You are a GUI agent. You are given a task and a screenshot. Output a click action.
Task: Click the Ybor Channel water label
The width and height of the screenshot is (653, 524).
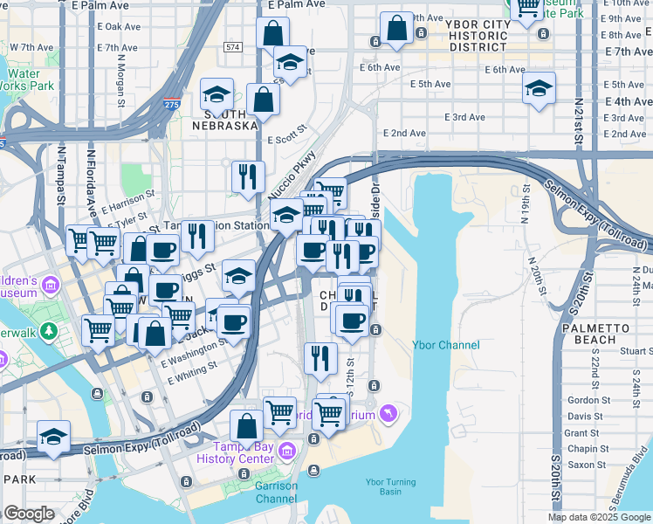[x=446, y=346]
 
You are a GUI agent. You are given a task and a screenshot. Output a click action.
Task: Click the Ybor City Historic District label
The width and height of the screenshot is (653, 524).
[x=478, y=35]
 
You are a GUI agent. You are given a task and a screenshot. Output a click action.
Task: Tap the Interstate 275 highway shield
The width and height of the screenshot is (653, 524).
[x=171, y=105]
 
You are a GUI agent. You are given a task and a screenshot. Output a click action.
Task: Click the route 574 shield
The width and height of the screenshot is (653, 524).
[x=232, y=46]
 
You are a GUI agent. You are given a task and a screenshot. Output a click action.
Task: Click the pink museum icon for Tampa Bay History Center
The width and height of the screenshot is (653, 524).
[x=288, y=450]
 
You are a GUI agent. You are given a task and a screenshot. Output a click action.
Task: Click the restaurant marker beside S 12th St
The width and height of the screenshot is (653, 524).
[x=321, y=356]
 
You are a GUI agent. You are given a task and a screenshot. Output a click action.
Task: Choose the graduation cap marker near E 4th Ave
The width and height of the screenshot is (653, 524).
[x=540, y=88]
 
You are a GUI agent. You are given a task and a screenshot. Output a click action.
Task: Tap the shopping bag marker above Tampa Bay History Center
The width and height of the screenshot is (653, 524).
[x=246, y=426]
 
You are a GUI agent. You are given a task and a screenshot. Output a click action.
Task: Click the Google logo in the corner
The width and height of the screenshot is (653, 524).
[x=29, y=514]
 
